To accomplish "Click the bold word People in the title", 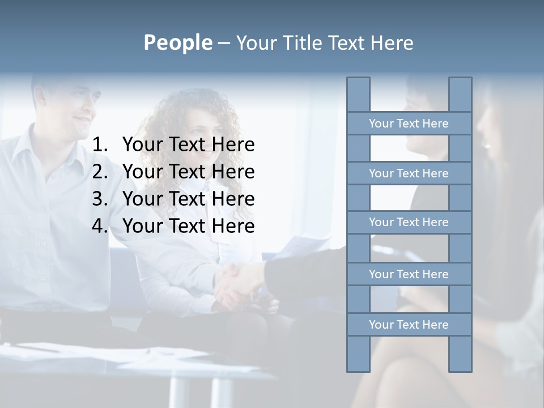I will [x=177, y=42].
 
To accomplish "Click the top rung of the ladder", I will [x=409, y=124].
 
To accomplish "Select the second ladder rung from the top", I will [x=409, y=173].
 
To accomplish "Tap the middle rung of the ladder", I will [x=409, y=222].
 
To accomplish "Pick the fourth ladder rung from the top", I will [x=409, y=274].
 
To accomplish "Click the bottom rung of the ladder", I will [x=409, y=325].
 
